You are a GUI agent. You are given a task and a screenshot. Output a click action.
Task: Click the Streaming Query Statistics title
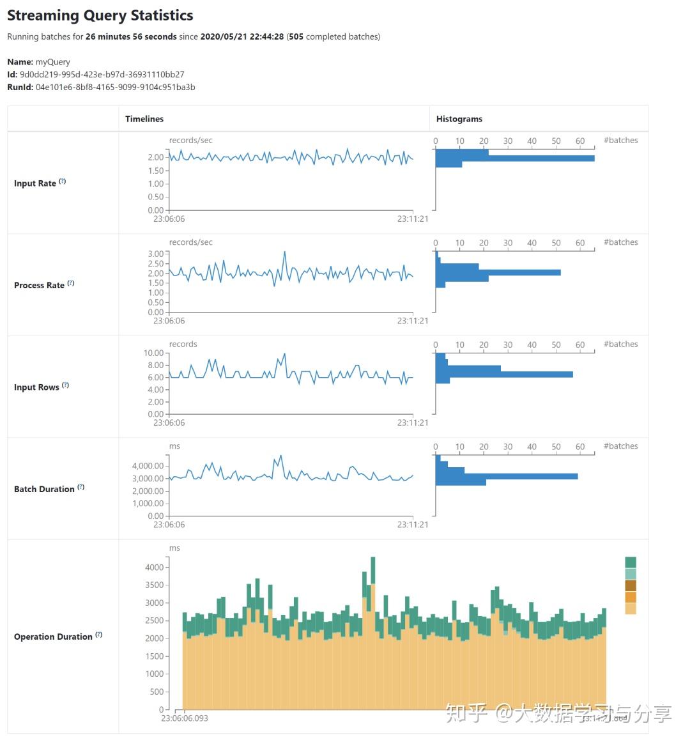pos(100,15)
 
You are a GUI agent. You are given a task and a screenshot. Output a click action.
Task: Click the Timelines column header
pos(144,119)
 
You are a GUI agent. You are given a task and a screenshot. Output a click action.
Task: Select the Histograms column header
pos(459,119)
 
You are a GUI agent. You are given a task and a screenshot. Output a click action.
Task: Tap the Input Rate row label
pos(35,183)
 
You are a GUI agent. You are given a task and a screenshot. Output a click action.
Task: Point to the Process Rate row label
pos(39,285)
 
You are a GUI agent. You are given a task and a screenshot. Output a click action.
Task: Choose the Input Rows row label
pos(36,387)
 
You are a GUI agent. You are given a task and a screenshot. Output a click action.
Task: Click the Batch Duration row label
pos(44,489)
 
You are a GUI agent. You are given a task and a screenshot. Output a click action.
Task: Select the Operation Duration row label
pos(53,637)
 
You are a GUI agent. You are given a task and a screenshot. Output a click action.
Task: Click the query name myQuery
pos(53,62)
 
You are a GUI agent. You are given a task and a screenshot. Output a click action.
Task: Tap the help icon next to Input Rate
pos(63,182)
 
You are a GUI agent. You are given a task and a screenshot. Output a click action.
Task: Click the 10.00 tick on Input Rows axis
pos(153,353)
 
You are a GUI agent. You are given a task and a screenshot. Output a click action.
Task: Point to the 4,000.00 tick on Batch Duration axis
pos(148,466)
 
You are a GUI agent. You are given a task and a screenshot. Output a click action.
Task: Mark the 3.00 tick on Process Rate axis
pos(156,254)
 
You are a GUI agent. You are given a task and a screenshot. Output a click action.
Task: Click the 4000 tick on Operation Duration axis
pos(155,568)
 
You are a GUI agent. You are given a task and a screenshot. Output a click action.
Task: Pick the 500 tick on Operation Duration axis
pos(157,692)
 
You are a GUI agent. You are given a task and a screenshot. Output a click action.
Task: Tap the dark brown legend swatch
pos(631,585)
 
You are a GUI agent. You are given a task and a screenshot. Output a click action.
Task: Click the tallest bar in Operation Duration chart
pos(373,633)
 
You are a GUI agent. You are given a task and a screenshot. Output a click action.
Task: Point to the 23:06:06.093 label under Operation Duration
pos(184,718)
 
